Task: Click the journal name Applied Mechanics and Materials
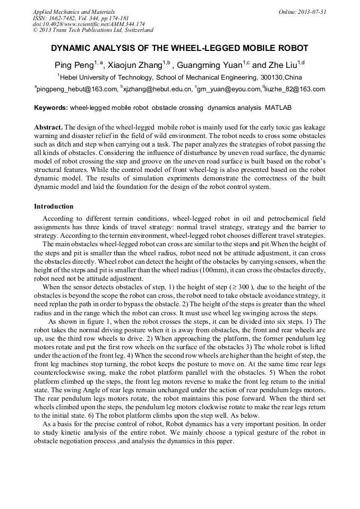[73, 11]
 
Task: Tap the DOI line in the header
[89, 24]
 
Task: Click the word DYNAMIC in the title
[72, 48]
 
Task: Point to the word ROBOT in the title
[293, 48]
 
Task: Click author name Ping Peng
[73, 66]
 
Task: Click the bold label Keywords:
[51, 108]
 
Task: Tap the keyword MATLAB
[278, 108]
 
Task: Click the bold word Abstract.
[48, 128]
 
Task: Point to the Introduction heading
[54, 206]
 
